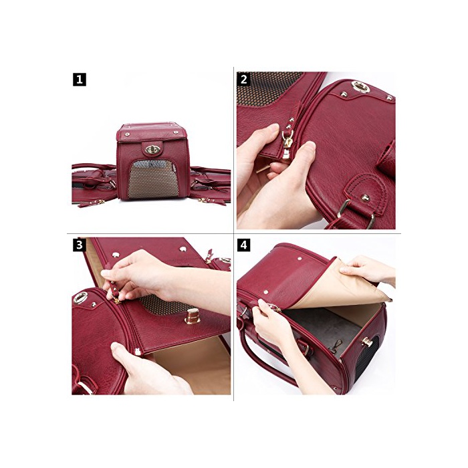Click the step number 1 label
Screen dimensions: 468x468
tap(80, 80)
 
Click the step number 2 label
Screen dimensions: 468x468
tap(243, 79)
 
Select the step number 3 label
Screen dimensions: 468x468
tap(79, 245)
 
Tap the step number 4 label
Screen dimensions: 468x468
tap(243, 245)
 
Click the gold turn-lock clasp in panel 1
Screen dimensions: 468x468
tap(152, 149)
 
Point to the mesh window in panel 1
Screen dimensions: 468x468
tap(153, 179)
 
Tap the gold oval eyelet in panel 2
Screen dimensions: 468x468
tap(360, 87)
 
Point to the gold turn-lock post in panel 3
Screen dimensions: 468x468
tap(192, 316)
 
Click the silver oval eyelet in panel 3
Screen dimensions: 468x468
tap(80, 298)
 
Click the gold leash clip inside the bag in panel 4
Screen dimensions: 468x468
tap(335, 346)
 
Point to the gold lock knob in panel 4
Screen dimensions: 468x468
tap(367, 342)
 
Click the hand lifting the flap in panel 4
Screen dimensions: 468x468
tap(368, 269)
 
